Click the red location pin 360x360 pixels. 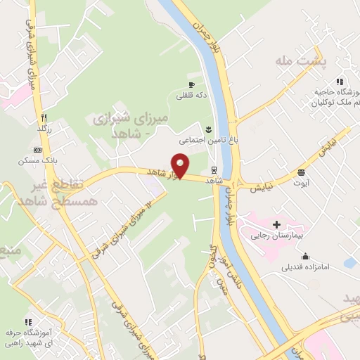pos(181,166)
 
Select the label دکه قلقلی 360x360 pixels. pos(191,96)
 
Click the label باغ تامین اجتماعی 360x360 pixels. pos(209,141)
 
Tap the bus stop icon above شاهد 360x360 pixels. pos(214,169)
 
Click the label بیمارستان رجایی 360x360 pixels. pos(277,236)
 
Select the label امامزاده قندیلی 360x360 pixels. pos(301,267)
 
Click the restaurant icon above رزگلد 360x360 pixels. pos(44,117)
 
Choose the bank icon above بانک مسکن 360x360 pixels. pos(37,150)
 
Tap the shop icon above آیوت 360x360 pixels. pos(301,172)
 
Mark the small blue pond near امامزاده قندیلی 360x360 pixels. pos(349,263)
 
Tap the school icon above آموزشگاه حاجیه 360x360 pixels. pos(341,82)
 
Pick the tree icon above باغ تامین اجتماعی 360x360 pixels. pos(208,129)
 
